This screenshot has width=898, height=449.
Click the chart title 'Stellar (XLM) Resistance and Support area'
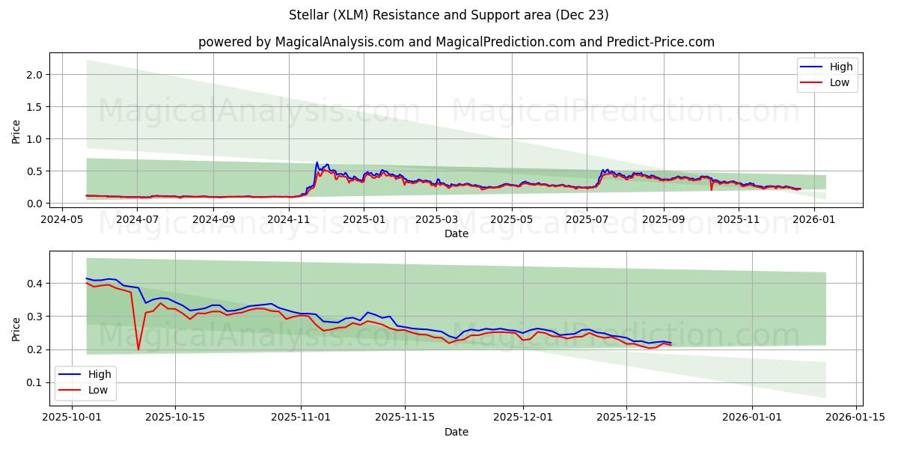click(448, 15)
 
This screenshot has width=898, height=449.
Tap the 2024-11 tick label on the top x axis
click(288, 220)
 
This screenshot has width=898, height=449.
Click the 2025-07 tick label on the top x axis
click(586, 220)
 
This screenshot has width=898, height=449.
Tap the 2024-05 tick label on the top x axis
click(62, 220)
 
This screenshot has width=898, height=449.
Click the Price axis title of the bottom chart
click(16, 329)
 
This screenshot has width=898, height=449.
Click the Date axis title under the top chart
click(456, 233)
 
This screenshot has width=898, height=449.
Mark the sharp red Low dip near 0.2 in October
click(138, 349)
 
